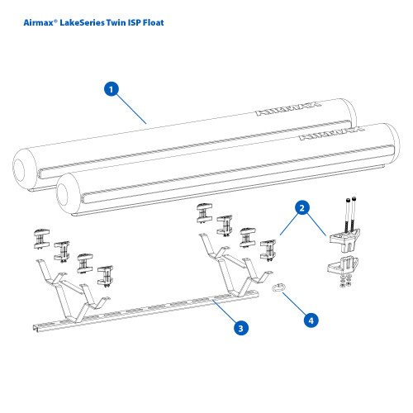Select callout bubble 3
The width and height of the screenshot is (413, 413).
coord(240,328)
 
